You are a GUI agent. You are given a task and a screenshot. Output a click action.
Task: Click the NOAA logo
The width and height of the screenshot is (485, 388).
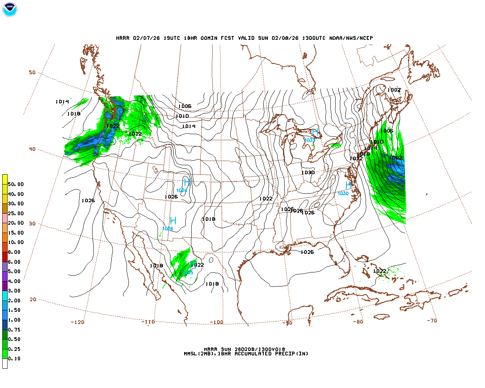[9, 9]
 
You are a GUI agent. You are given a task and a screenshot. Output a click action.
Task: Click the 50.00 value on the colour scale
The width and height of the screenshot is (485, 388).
[16, 185]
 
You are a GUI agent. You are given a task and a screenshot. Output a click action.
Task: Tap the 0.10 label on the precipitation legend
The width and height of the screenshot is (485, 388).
[14, 358]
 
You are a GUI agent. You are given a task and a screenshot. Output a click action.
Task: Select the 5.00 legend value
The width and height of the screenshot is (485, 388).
[14, 271]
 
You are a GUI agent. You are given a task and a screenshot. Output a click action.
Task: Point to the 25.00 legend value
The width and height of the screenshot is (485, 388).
[16, 213]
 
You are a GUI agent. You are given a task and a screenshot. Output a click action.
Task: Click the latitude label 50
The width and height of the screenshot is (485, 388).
[32, 72]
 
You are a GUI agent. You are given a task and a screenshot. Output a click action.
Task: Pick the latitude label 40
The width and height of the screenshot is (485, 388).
[32, 149]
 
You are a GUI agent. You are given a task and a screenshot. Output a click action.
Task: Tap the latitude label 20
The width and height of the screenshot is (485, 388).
[33, 299]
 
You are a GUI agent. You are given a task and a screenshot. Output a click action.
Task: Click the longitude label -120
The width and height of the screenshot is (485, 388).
[77, 322]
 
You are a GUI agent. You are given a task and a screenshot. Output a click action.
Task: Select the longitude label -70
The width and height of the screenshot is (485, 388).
[432, 321]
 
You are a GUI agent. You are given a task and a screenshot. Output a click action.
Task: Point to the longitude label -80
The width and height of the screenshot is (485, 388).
[358, 322]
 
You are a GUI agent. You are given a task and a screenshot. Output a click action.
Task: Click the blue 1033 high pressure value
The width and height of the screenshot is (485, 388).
[310, 140]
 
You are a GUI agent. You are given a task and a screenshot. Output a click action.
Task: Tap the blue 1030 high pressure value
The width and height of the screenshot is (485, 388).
[343, 194]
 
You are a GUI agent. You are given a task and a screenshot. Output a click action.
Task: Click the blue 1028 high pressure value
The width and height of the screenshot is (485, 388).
[167, 229]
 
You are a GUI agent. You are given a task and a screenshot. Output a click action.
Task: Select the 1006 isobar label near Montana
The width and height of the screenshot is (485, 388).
[185, 106]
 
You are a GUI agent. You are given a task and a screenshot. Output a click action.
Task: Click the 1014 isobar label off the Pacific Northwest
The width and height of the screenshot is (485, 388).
[62, 102]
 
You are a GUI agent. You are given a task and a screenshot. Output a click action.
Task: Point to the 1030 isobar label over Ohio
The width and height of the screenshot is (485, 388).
[308, 172]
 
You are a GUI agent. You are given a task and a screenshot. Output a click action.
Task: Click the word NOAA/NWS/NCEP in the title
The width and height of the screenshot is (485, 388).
[351, 38]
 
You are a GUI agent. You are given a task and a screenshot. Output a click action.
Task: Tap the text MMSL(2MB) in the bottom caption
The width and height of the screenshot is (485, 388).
[198, 354]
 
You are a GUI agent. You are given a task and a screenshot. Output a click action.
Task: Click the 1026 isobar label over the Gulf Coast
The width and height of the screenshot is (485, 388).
[307, 252]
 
